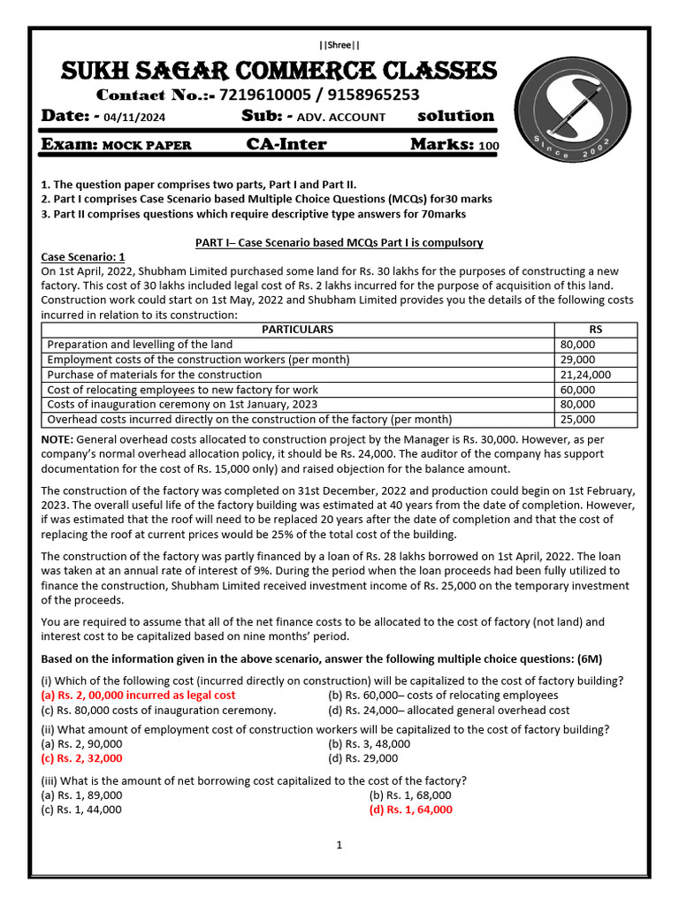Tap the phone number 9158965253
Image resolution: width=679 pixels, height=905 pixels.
tap(368, 95)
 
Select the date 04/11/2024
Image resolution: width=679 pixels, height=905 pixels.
tap(140, 118)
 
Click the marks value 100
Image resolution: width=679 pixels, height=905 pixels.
tap(489, 146)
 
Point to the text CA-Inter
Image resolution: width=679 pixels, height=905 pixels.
tap(286, 144)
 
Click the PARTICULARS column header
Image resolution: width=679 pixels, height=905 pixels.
tap(298, 329)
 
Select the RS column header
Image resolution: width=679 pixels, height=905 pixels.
tap(595, 329)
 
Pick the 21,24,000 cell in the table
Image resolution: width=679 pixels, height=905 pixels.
tap(585, 374)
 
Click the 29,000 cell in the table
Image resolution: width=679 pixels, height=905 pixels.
tap(578, 359)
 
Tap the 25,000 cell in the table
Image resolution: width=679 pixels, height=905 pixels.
tap(578, 419)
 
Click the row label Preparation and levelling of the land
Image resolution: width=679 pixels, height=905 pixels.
tap(140, 344)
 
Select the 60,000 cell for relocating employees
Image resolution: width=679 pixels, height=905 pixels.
tap(578, 389)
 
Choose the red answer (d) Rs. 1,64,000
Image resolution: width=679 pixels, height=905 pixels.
tap(410, 809)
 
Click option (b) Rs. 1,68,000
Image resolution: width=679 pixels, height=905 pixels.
tap(410, 795)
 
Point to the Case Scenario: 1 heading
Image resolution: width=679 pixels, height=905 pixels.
tap(84, 256)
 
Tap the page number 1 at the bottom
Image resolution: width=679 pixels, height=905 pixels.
tap(339, 846)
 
